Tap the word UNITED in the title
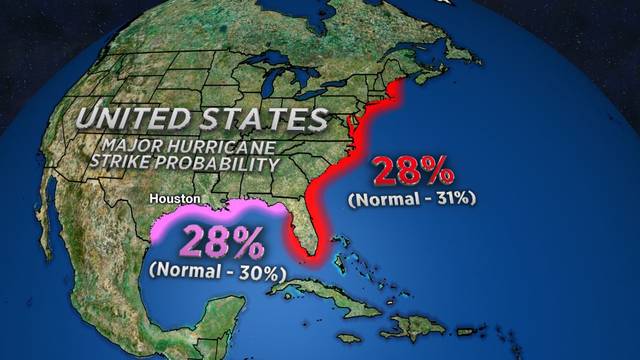pyautogui.click(x=126, y=119)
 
